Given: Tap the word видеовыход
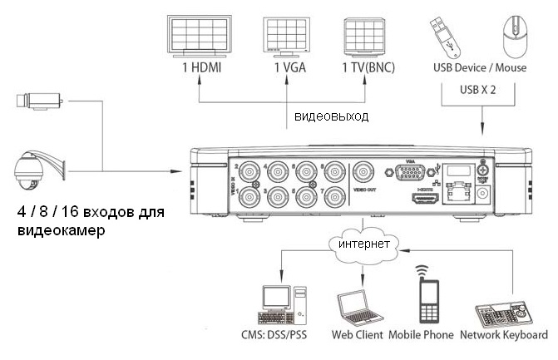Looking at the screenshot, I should [331, 116].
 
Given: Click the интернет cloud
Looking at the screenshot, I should [362, 244].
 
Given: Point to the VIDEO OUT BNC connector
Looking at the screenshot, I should [363, 173].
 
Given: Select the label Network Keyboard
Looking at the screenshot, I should [504, 336].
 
